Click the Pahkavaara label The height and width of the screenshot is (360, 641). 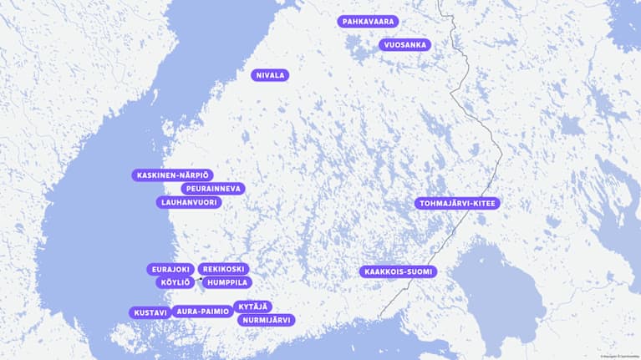coord(369,22)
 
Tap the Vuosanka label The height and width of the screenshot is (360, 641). coord(404,45)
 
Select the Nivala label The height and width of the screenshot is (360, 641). coord(270,75)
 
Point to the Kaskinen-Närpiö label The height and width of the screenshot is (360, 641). coord(173,175)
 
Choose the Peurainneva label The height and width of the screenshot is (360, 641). coord(213,189)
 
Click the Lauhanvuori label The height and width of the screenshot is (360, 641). coord(188,202)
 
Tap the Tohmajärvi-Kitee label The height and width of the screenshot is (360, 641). coord(457,203)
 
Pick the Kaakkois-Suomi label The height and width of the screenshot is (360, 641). coord(399,272)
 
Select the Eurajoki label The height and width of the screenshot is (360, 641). coord(171,270)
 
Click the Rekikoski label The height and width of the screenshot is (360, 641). coord(224,269)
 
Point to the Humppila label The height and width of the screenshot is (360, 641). coord(227,282)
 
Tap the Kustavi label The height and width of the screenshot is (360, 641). coord(150,312)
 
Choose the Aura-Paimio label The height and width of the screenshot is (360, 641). coord(202,312)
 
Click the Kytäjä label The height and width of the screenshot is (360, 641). coord(252,307)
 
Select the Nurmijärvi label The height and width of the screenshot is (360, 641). coord(267,320)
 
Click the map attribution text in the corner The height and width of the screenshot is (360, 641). coord(618,357)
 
